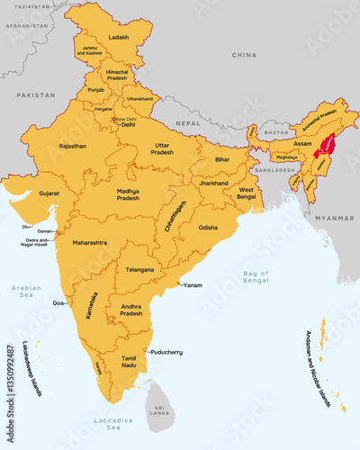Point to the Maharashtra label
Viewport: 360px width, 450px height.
(x=90, y=243)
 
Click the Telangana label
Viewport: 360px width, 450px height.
(x=139, y=269)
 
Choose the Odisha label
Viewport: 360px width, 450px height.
(x=208, y=228)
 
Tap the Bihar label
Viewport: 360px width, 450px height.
(x=222, y=159)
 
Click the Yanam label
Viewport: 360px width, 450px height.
(x=193, y=285)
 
